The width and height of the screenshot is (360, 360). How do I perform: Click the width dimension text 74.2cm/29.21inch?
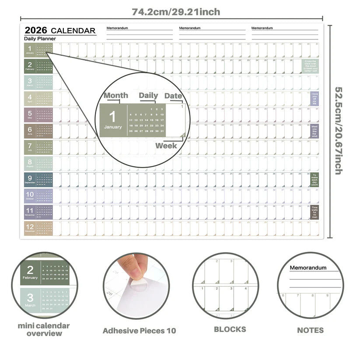[176, 12]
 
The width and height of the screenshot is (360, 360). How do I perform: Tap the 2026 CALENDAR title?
[60, 30]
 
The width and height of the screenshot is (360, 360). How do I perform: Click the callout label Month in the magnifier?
[115, 95]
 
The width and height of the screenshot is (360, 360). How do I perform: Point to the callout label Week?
[166, 145]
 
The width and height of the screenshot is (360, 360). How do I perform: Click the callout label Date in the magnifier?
[173, 96]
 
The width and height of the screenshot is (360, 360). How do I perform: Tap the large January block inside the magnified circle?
[113, 120]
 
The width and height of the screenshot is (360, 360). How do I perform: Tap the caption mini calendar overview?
[44, 329]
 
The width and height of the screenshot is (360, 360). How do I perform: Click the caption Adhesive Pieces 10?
[139, 331]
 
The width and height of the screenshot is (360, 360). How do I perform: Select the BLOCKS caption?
[230, 329]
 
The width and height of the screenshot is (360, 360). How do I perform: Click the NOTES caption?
[310, 330]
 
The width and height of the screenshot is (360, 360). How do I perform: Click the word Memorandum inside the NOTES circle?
[308, 268]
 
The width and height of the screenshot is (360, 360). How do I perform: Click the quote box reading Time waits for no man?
[315, 212]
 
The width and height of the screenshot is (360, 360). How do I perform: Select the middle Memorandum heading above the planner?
[189, 28]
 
